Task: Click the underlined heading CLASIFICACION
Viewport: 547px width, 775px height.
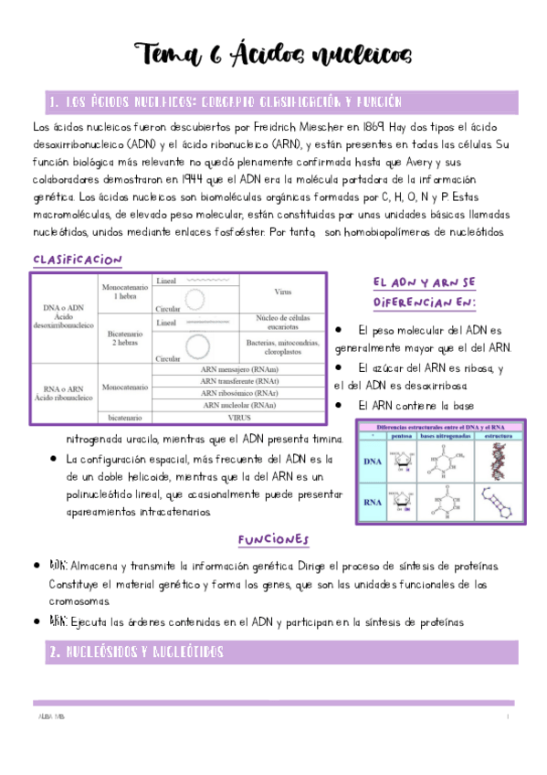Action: (x=78, y=260)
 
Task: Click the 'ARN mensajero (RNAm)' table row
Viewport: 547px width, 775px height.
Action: (x=240, y=370)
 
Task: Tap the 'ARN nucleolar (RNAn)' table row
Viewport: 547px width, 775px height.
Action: (x=240, y=403)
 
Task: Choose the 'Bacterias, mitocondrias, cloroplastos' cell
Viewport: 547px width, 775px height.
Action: (x=283, y=346)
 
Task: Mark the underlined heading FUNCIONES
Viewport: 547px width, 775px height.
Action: (x=273, y=539)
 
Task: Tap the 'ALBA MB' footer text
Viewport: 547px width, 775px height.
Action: (x=51, y=717)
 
